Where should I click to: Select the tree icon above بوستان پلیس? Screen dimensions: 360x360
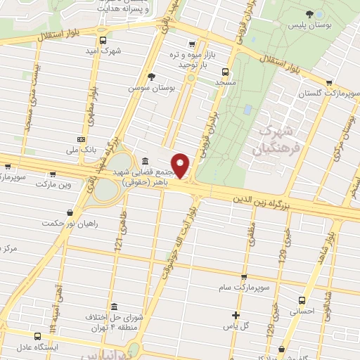click(309, 13)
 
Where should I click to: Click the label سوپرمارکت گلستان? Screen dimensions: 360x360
click(319, 94)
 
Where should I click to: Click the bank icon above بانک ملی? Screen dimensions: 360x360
click(82, 139)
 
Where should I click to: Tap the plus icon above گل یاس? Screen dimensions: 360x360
click(236, 314)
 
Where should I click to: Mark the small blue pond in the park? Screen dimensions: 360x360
click(246, 110)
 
